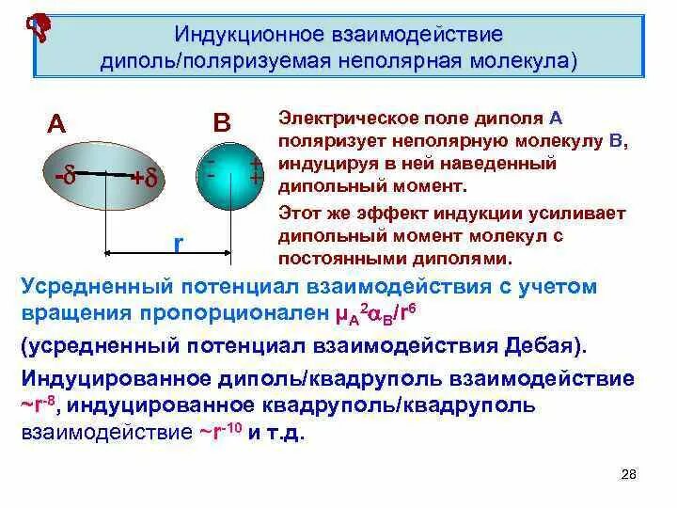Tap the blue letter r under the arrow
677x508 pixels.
178,243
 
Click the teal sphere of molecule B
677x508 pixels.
229,171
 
